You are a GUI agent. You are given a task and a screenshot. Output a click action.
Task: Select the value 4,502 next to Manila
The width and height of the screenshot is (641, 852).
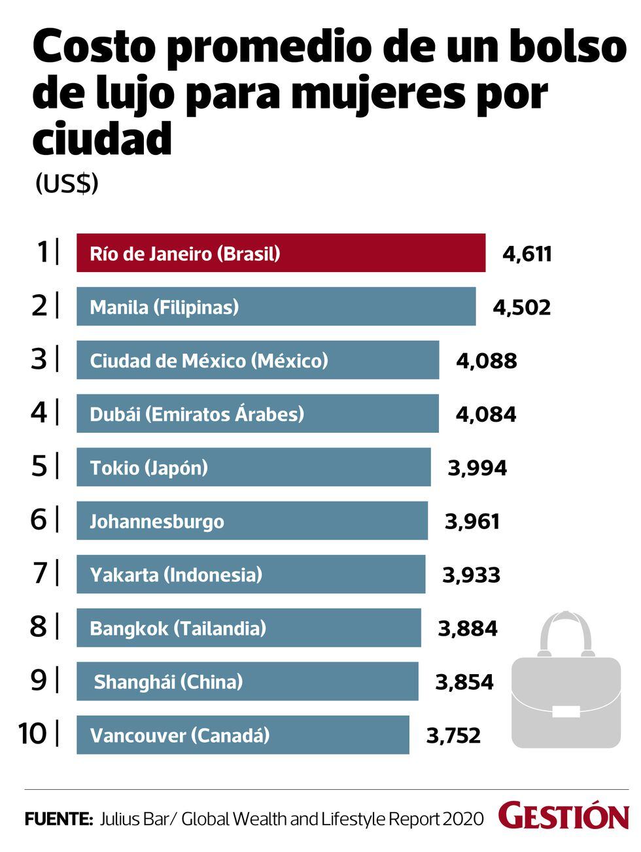pos(522,307)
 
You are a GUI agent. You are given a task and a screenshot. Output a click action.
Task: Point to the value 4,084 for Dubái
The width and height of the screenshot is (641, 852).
pos(485,415)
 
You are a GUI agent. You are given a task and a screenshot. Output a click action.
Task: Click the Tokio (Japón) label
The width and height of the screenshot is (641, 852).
pos(148,468)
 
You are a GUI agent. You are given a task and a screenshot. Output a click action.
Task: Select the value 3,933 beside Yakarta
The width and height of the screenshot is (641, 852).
pos(471,575)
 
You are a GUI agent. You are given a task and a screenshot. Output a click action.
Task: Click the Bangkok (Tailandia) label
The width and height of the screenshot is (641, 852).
pos(178,629)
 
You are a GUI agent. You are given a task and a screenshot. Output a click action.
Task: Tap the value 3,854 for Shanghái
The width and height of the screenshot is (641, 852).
pos(464,683)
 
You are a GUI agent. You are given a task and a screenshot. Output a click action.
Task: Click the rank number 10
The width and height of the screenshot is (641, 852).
pos(33,734)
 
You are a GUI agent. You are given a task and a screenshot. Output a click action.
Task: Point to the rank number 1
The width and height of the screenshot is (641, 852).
pos(43,252)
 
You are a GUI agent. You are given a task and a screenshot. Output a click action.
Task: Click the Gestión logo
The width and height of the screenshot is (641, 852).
pos(563,817)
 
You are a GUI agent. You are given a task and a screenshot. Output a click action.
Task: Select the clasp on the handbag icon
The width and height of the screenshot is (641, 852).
pos(566,711)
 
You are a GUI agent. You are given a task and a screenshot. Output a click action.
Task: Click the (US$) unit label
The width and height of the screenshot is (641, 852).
pos(67,184)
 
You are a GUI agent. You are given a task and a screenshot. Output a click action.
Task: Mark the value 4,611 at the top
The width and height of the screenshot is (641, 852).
pos(527,254)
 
